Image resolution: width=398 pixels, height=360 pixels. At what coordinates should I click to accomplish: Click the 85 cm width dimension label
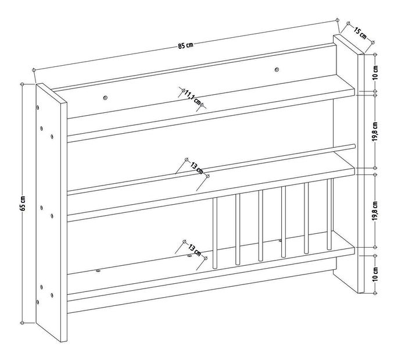click(185, 46)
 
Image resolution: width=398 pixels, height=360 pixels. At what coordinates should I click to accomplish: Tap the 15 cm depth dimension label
click(360, 34)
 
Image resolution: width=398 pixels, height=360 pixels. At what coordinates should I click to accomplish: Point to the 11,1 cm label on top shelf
click(192, 97)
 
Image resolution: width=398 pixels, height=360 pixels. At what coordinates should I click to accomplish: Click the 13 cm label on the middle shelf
click(197, 168)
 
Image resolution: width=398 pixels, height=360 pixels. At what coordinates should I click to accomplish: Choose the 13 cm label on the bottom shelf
click(195, 249)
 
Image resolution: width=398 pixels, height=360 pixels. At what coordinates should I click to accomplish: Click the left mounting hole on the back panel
click(105, 97)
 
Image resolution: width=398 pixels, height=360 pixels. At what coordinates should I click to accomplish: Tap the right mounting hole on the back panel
click(277, 69)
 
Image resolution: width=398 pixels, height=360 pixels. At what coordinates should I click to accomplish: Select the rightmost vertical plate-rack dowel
click(329, 214)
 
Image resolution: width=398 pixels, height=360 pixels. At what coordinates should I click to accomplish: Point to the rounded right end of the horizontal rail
click(353, 145)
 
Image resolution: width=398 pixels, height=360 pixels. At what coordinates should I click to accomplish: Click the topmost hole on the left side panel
click(38, 108)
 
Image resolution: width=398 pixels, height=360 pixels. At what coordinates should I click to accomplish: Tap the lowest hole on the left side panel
click(38, 302)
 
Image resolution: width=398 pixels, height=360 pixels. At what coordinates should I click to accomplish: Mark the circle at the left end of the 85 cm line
click(34, 70)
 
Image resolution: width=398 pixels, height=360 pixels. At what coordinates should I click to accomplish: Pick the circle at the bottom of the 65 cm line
click(22, 323)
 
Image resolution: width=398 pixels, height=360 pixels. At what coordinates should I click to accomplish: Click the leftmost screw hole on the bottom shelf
click(98, 271)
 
